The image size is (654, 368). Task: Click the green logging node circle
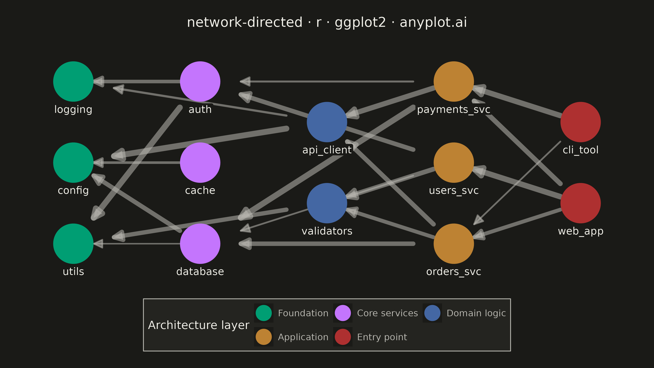point(73,82)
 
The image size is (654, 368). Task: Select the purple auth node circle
point(200,82)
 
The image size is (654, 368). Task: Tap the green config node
point(73,163)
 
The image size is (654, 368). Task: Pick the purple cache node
point(200,163)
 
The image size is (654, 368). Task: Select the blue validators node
point(327,203)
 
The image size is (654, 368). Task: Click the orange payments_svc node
point(454,82)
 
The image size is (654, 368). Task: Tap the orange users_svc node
point(454,163)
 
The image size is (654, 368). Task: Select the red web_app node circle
point(581,203)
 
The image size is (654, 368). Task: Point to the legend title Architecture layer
point(199,325)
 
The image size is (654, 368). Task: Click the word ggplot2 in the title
point(361,22)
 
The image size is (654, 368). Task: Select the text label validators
point(327,231)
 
